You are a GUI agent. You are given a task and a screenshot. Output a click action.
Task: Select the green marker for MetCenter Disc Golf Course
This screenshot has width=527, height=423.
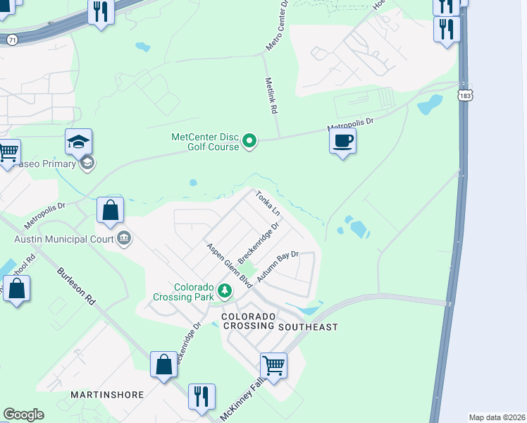coord(249,142)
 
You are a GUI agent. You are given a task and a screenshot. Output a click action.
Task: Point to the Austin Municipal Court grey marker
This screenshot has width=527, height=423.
coord(124,238)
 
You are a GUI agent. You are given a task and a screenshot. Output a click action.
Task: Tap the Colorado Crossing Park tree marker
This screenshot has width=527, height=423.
coord(224,290)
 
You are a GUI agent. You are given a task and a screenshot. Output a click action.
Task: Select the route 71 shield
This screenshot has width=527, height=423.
coord(12,40)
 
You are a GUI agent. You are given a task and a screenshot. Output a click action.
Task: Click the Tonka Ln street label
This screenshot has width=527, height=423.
coord(268,203)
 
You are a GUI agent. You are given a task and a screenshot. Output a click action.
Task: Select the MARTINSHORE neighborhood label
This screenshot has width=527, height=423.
coord(107,394)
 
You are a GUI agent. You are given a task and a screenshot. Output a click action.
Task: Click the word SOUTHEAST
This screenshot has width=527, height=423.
coord(308,327)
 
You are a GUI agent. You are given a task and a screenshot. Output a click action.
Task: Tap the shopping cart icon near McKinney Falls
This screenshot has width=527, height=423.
coord(273,366)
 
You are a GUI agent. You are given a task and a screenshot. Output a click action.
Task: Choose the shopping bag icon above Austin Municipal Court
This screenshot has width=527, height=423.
coord(111,210)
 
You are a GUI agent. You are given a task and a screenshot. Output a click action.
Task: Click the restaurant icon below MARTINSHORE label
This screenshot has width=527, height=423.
coord(201,397)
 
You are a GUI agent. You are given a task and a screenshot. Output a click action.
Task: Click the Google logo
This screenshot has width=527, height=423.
coord(23,415)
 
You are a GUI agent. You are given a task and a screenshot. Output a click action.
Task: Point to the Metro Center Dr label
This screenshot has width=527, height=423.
coord(277,25)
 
